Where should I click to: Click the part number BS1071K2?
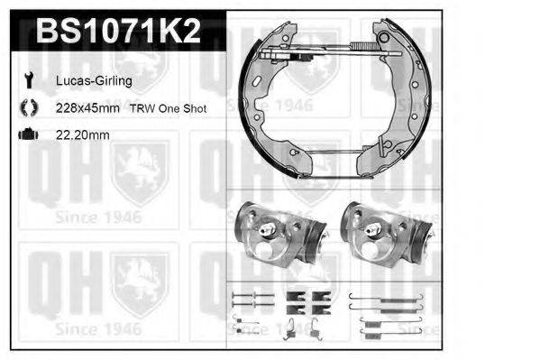coord(118,31)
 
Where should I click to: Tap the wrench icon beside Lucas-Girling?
coord(29,80)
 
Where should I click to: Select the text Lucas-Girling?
coord(94,81)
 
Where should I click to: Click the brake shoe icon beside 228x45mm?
coord(29,107)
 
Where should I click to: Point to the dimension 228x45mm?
coord(87,108)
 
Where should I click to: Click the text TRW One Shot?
coord(168,108)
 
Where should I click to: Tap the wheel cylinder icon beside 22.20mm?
coord(28,134)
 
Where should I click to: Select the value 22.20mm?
coord(83,134)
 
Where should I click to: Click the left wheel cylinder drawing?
coord(279,235)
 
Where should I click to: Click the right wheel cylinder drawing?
coord(387,235)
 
